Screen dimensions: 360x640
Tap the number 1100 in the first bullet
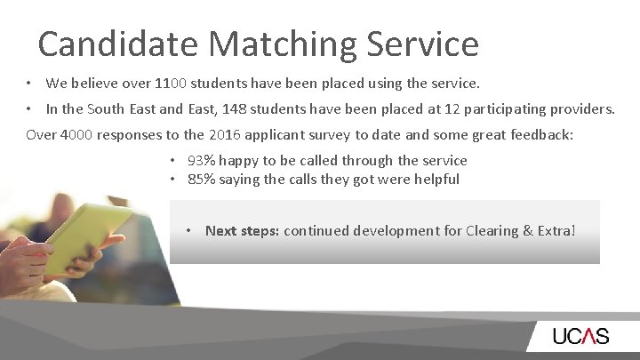171,84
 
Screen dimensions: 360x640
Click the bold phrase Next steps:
242,231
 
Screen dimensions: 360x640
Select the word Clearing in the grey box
496,231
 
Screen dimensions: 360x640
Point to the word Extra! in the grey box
557,231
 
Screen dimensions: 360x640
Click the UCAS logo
580,336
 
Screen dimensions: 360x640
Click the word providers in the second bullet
583,109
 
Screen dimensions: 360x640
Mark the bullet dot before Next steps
190,231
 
